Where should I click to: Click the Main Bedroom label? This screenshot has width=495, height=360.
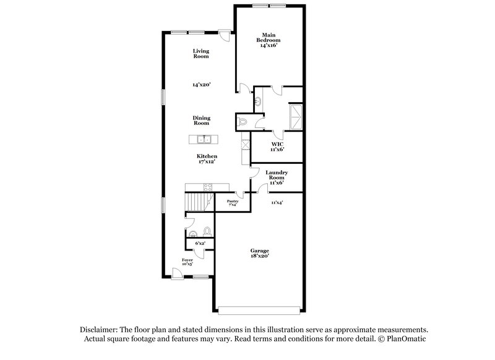click(268, 37)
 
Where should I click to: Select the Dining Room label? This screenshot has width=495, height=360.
click(201, 120)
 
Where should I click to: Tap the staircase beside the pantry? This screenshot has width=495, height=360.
click(197, 201)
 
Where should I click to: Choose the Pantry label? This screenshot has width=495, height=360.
click(233, 201)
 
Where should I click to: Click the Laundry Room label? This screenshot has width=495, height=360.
click(277, 175)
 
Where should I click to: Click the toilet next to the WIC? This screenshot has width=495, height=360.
click(243, 121)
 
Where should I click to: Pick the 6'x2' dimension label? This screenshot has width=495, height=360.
click(200, 244)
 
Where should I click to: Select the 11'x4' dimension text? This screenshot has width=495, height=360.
click(277, 202)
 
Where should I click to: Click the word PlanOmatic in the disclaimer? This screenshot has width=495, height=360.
click(405, 339)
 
